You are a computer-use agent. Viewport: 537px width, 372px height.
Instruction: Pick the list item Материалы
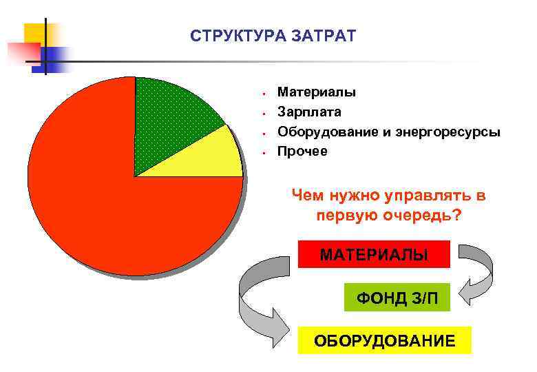(x=316, y=92)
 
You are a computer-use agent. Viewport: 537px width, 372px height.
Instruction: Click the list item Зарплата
(x=309, y=111)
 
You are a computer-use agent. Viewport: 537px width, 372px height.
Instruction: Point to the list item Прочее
(x=302, y=150)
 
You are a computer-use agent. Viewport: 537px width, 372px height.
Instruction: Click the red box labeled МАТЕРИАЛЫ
(x=374, y=254)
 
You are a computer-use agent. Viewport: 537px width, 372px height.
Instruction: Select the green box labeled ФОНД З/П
(x=397, y=298)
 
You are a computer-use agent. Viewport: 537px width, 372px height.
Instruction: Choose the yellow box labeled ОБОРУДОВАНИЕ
(x=384, y=340)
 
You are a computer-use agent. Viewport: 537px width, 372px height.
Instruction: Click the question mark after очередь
(x=457, y=215)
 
